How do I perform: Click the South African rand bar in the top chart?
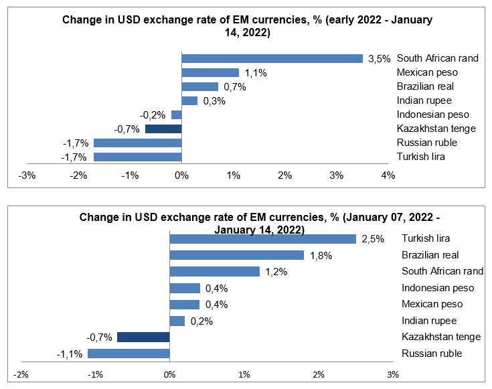click(272, 58)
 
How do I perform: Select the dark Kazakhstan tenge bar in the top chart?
click(163, 129)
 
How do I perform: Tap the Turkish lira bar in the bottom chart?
click(262, 238)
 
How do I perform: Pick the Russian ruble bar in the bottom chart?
click(129, 354)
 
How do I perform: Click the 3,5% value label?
click(379, 59)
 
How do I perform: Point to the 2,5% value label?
click(372, 239)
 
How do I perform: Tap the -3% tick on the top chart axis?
click(27, 175)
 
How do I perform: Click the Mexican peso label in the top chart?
click(426, 72)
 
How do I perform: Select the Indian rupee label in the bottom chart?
click(428, 321)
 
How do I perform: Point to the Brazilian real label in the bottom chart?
click(430, 255)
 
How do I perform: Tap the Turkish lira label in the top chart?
click(421, 157)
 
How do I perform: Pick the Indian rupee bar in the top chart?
click(189, 100)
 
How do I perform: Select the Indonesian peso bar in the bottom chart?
click(185, 288)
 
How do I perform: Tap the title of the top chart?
click(246, 26)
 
